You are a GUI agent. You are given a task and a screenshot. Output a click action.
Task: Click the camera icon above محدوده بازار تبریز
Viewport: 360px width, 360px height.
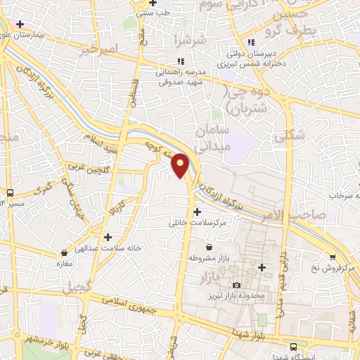pyautogui.click(x=236, y=285)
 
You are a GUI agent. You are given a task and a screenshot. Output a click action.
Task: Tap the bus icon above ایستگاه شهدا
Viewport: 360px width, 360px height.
pyautogui.click(x=293, y=346)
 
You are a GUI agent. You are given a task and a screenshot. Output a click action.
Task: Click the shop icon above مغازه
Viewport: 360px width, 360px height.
pyautogui.click(x=65, y=251)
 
